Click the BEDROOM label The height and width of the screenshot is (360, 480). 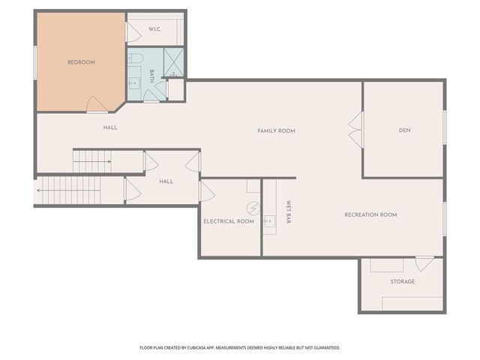click(81, 62)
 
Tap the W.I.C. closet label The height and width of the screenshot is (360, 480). click(155, 29)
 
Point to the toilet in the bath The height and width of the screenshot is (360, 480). click(136, 58)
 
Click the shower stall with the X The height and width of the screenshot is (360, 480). click(174, 62)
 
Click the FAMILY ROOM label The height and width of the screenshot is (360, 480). click(276, 130)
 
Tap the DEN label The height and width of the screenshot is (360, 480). click(404, 130)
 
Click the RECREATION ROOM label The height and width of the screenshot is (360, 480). click(370, 214)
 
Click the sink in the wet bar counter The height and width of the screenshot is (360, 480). click(270, 219)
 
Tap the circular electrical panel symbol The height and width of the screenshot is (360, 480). click(253, 208)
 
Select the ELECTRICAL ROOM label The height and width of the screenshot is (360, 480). click(229, 222)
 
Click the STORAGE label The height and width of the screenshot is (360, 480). click(402, 281)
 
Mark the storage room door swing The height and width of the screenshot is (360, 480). click(424, 264)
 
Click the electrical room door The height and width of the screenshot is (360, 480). click(207, 192)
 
